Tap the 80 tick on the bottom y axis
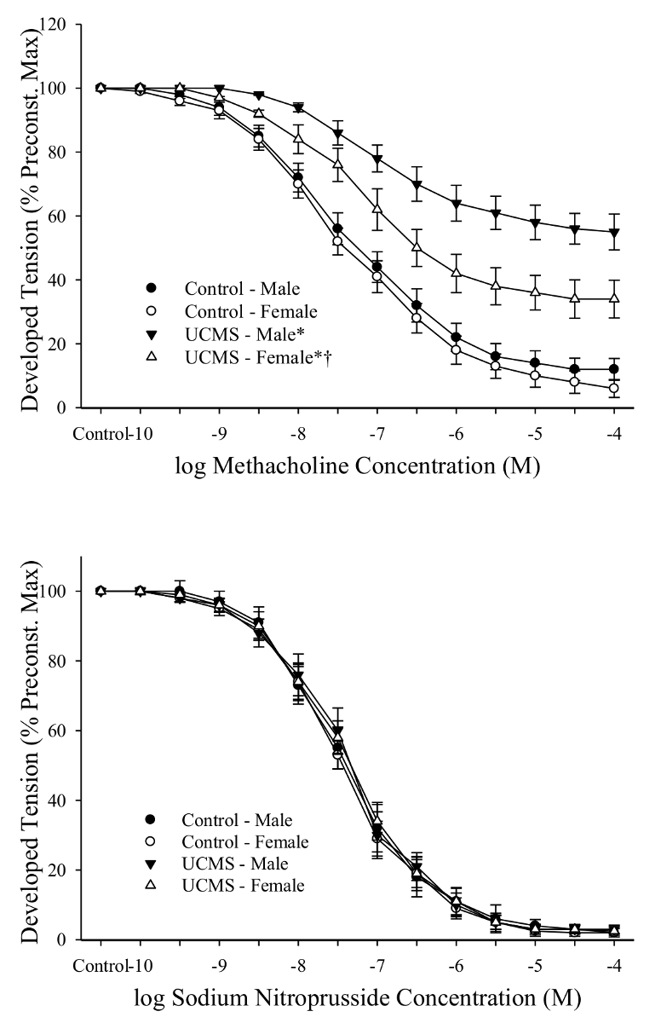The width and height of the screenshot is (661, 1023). tap(61, 661)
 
